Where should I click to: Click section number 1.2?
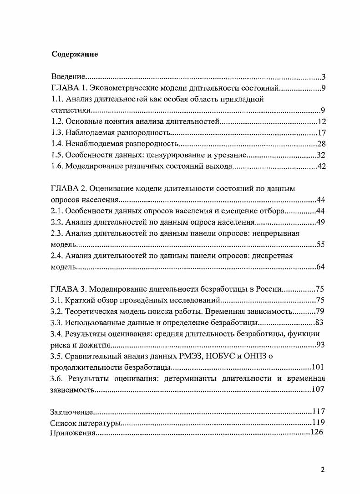[56, 121]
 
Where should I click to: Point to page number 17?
[321, 133]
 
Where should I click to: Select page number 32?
[321, 156]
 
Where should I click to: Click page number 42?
[321, 166]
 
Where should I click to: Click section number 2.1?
[56, 211]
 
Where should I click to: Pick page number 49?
[321, 222]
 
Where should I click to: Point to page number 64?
[321, 267]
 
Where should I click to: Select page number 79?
[321, 311]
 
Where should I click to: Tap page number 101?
[317, 367]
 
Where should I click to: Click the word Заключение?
[71, 412]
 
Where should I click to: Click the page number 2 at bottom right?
[322, 470]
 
